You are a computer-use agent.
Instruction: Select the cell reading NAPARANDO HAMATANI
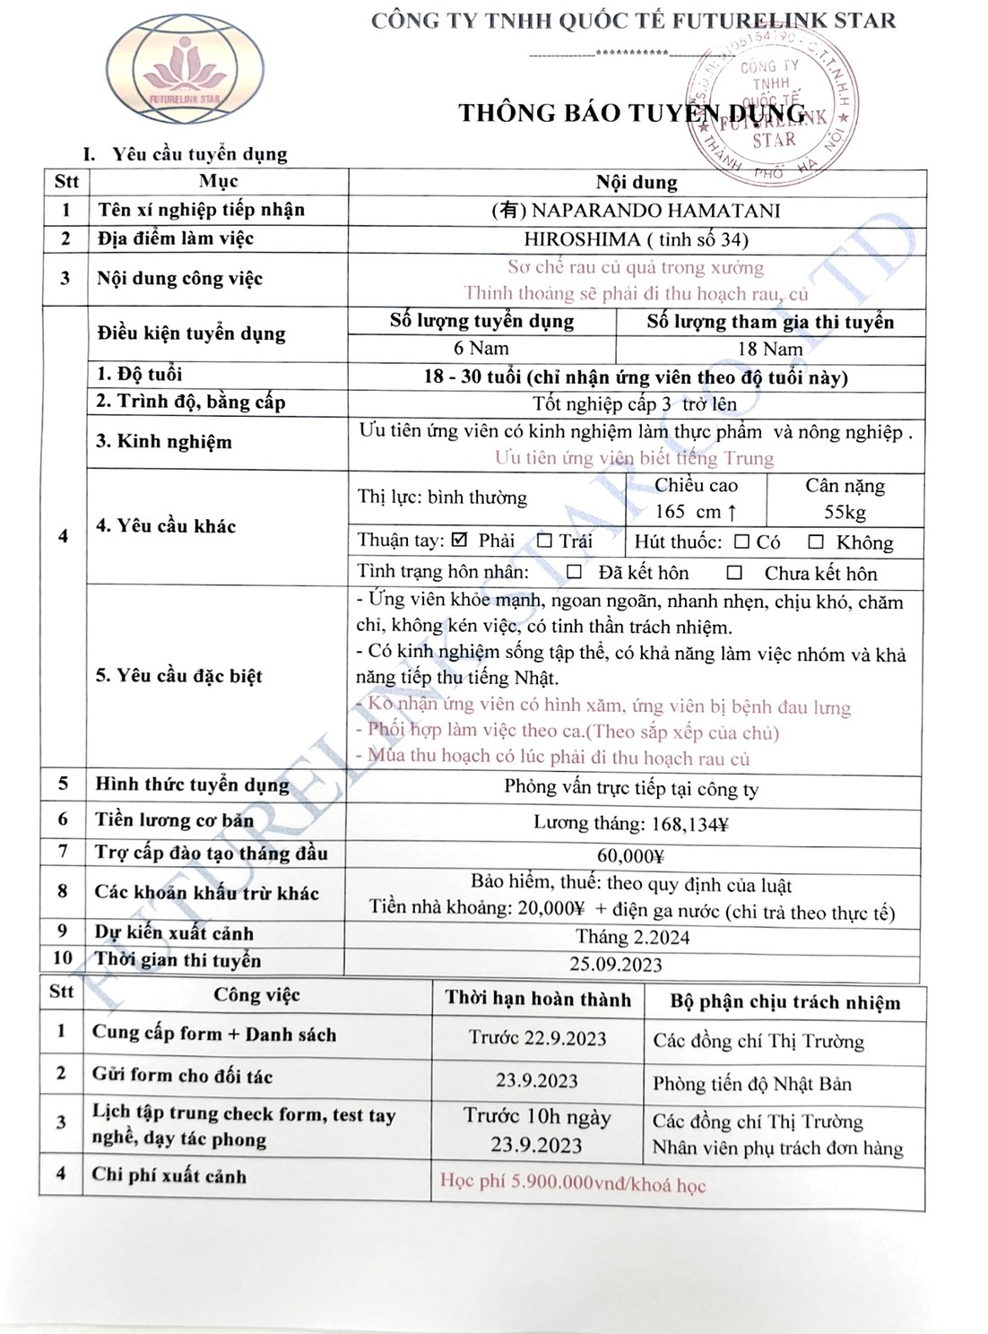click(x=637, y=211)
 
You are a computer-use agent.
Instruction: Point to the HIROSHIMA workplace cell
click(x=637, y=239)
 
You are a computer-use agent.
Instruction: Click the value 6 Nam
click(x=481, y=348)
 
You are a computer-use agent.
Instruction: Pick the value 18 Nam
click(x=770, y=349)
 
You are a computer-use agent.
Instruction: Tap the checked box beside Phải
click(x=461, y=540)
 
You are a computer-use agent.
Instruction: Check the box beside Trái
click(x=544, y=541)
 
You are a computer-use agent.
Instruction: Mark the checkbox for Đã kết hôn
click(x=574, y=572)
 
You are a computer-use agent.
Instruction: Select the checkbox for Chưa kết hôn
click(x=734, y=572)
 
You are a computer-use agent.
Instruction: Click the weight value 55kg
click(x=845, y=512)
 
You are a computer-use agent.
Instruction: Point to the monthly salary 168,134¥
click(x=630, y=822)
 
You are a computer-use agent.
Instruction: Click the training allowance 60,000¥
click(x=630, y=855)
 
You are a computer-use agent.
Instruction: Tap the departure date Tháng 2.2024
click(x=632, y=938)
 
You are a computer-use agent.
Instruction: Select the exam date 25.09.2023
click(x=616, y=965)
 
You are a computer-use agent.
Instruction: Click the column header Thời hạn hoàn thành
click(x=538, y=999)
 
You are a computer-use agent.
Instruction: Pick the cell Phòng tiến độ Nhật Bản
click(x=752, y=1084)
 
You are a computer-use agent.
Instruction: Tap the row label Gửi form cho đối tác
click(x=182, y=1075)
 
